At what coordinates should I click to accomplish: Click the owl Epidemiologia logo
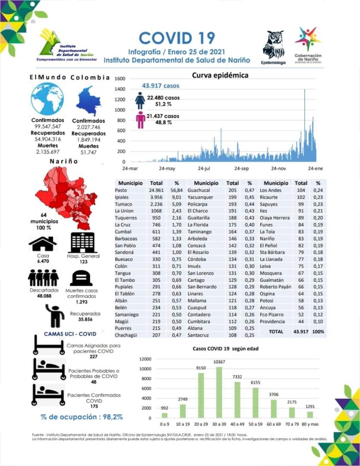[273, 44]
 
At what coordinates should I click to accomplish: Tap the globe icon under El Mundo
[47, 99]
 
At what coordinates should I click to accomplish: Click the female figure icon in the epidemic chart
[140, 100]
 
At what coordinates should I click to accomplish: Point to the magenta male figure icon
[140, 120]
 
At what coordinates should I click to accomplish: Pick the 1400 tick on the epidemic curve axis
[120, 89]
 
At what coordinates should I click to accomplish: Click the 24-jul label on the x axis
[204, 168]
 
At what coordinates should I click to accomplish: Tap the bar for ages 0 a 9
[164, 415]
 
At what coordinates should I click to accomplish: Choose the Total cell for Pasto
[155, 190]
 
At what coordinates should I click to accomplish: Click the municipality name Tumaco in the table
[123, 204]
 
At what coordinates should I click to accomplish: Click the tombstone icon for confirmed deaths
[82, 278]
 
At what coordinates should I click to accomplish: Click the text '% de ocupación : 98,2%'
[82, 417]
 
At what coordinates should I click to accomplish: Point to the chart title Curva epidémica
[220, 76]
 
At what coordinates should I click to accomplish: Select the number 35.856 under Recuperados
[85, 320]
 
